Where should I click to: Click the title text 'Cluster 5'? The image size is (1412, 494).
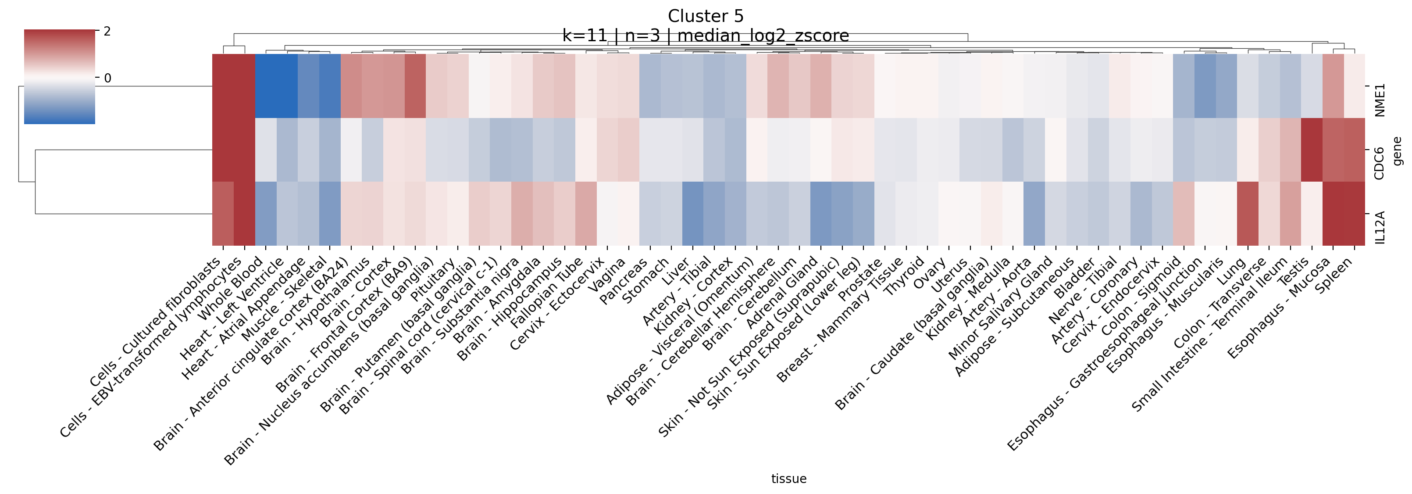click(x=706, y=16)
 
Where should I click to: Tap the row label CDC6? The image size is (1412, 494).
click(x=1380, y=163)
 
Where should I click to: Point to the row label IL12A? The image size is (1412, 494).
click(x=1380, y=228)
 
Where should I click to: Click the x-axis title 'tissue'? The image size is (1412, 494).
click(x=788, y=479)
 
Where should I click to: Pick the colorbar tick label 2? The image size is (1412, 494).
click(x=107, y=31)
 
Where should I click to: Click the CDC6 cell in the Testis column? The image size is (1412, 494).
click(x=1311, y=150)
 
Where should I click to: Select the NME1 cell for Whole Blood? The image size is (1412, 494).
click(x=266, y=86)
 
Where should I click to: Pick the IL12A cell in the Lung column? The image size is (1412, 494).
click(x=1247, y=213)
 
